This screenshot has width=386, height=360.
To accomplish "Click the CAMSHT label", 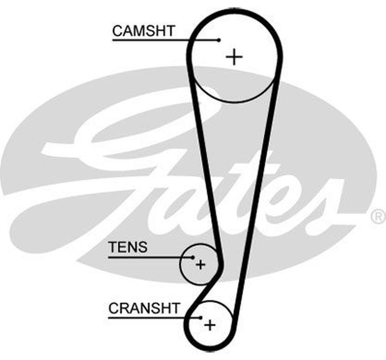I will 144,31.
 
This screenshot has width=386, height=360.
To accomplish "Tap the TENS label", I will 128,247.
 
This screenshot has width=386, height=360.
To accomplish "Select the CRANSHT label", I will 144,308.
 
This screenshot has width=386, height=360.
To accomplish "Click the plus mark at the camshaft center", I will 234,57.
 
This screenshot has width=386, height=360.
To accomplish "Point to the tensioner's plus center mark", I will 200,265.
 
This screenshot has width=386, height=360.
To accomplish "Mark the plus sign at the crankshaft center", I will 210,325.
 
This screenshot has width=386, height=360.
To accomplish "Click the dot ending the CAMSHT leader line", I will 219,40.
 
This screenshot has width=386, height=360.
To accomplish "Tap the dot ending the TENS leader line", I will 193,257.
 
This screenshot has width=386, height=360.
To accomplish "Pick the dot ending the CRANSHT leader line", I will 201,318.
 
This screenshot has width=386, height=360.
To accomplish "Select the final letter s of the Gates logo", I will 324,208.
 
